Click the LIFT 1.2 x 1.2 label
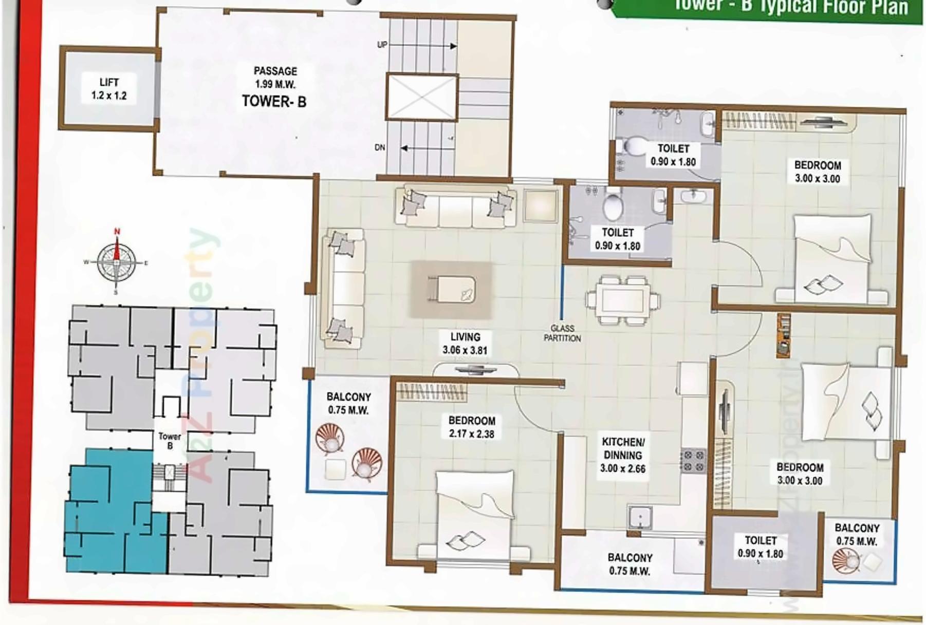(x=109, y=89)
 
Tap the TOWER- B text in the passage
(x=274, y=101)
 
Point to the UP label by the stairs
(x=382, y=45)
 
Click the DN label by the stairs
(x=380, y=147)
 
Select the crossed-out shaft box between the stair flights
(x=421, y=98)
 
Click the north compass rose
(x=117, y=262)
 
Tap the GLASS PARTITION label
(x=562, y=333)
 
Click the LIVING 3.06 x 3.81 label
(x=465, y=343)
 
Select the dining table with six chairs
(x=623, y=299)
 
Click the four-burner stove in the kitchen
(x=693, y=461)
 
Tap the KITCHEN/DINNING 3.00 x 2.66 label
(x=623, y=455)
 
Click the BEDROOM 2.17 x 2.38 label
(x=471, y=427)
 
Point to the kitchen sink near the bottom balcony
(x=640, y=517)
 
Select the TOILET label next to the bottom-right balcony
(x=760, y=546)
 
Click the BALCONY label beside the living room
(x=348, y=403)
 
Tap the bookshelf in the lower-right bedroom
(x=783, y=336)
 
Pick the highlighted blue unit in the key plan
(x=113, y=514)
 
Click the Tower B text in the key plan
(x=170, y=441)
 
